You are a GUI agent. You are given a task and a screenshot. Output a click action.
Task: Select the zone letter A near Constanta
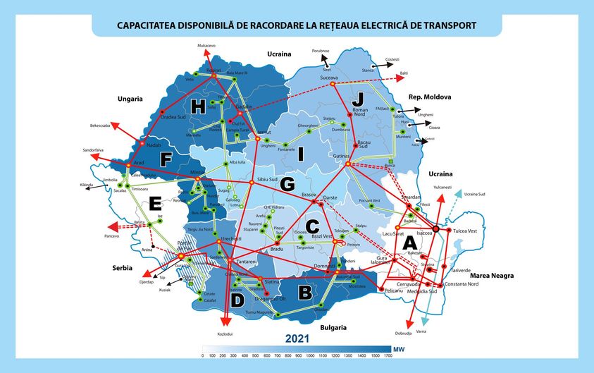pyautogui.click(x=408, y=242)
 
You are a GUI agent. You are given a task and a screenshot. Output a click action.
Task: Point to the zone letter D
pyautogui.click(x=238, y=300)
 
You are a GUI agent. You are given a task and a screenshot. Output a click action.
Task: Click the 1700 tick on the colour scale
pyautogui.click(x=388, y=355)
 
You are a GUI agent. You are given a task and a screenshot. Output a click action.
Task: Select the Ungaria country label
pyautogui.click(x=130, y=99)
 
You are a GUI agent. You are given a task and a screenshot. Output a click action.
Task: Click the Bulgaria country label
pyautogui.click(x=332, y=327)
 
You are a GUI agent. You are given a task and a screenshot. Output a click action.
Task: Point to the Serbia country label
pyautogui.click(x=123, y=269)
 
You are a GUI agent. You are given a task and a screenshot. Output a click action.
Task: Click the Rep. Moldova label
pyautogui.click(x=429, y=97)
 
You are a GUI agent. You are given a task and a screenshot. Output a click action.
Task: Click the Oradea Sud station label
pyautogui.click(x=172, y=117)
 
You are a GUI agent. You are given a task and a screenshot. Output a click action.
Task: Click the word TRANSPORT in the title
pyautogui.click(x=447, y=25)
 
